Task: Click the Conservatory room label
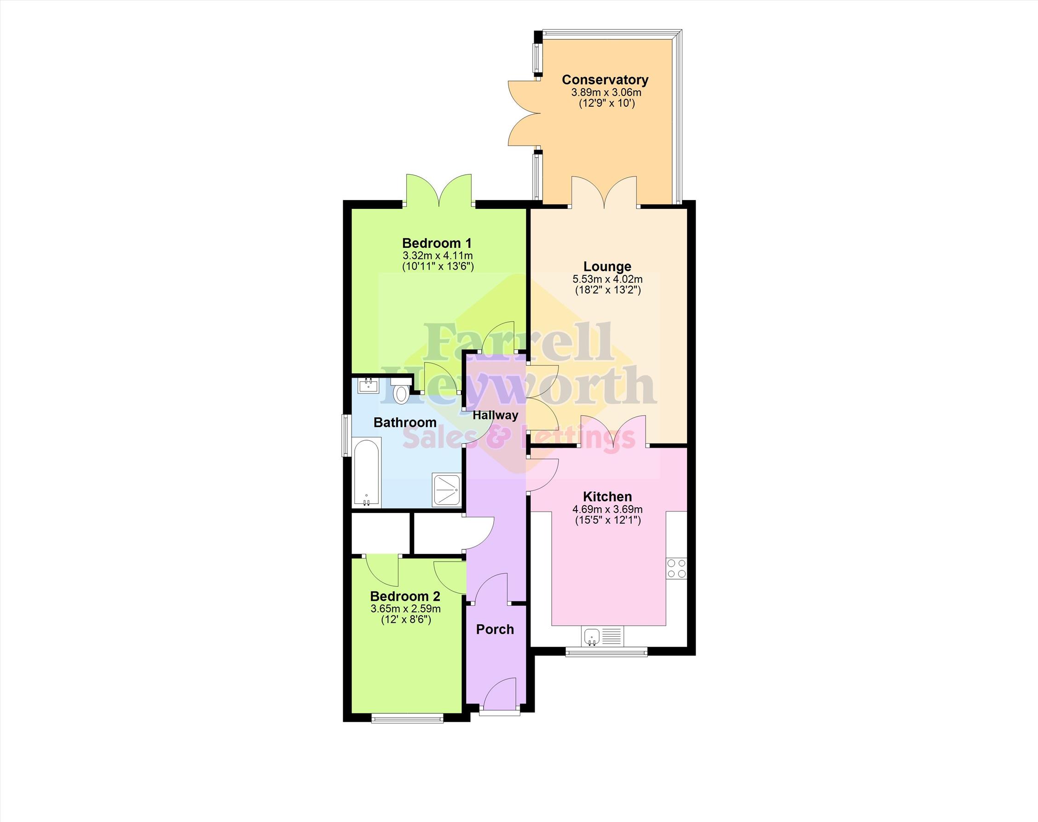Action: click(605, 80)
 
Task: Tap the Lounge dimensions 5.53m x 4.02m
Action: click(608, 279)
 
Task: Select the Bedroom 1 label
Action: click(437, 243)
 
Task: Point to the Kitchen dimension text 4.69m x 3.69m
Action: click(608, 509)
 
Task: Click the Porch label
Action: click(495, 629)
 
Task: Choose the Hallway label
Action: click(496, 415)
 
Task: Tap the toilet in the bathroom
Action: click(400, 391)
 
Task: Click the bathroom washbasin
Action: click(368, 385)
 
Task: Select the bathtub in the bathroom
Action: click(367, 472)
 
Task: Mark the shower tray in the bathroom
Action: click(447, 490)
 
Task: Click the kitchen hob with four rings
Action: click(676, 569)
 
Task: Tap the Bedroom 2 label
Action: click(405, 597)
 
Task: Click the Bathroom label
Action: click(405, 423)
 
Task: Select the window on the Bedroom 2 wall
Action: click(407, 719)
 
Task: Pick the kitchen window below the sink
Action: click(606, 652)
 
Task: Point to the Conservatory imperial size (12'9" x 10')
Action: click(606, 103)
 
